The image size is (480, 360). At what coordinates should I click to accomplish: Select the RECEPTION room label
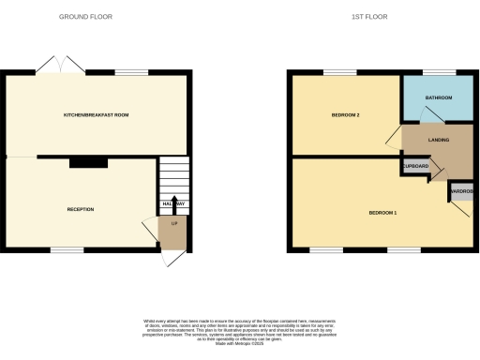point(81,208)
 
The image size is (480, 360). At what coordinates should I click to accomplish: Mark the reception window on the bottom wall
point(64,248)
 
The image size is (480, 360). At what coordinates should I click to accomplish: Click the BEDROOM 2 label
point(346,115)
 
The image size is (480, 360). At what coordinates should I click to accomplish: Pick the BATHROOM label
point(438,97)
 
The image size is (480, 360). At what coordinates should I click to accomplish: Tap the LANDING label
point(437,140)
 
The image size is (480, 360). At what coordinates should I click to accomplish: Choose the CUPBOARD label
point(415,166)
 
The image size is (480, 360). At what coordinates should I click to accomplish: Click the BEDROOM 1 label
point(382,213)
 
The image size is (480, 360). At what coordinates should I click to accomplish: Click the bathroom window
point(438,73)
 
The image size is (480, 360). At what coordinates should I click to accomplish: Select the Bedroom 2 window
point(339,73)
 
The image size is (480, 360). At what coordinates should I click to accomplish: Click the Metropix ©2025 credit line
point(240,345)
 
